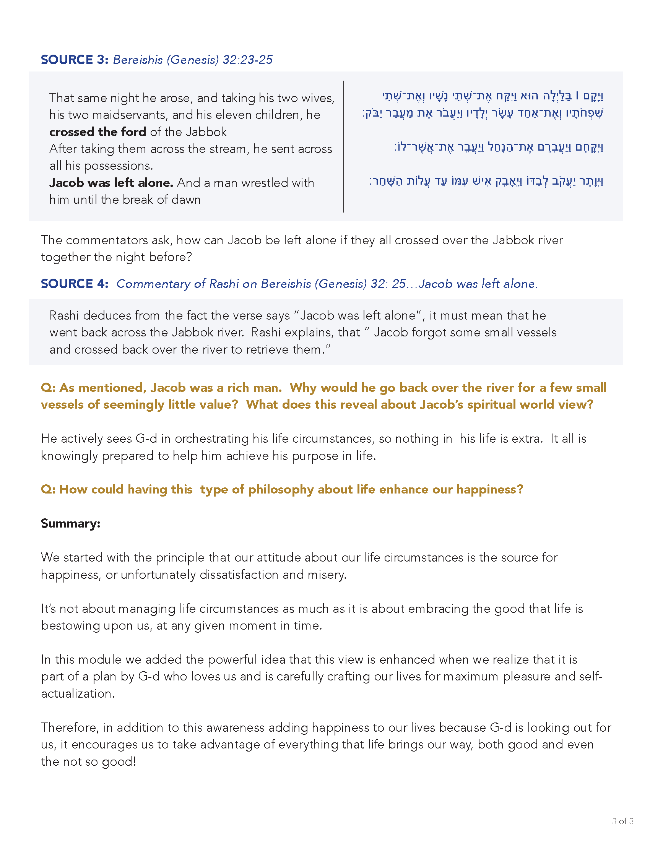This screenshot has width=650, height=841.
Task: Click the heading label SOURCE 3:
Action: pyautogui.click(x=74, y=60)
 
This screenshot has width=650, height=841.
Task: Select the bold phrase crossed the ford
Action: pyautogui.click(x=97, y=132)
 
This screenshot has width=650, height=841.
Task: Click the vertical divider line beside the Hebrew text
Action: pyautogui.click(x=343, y=146)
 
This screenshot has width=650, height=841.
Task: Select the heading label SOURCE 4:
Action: pyautogui.click(x=74, y=284)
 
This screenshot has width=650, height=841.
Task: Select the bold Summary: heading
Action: pyautogui.click(x=70, y=523)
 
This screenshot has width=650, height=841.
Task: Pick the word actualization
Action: pyautogui.click(x=77, y=693)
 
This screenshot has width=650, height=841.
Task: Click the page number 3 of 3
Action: pyautogui.click(x=622, y=821)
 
